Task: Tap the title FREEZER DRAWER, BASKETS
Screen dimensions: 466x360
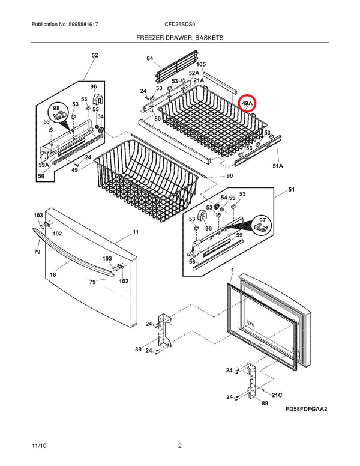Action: point(179,37)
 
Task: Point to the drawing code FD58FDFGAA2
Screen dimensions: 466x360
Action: point(310,410)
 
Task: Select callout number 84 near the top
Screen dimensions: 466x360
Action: point(150,58)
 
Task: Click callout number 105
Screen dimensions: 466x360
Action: point(201,64)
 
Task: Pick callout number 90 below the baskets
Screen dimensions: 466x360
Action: point(229,175)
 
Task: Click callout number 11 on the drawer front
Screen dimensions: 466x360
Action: point(135,232)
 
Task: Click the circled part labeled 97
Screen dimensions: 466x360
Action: point(261,225)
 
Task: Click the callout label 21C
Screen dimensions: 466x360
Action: point(276,395)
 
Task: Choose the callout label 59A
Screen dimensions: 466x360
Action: point(43,165)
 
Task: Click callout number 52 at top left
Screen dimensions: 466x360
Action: point(94,55)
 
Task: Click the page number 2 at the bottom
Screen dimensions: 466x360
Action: point(179,446)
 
